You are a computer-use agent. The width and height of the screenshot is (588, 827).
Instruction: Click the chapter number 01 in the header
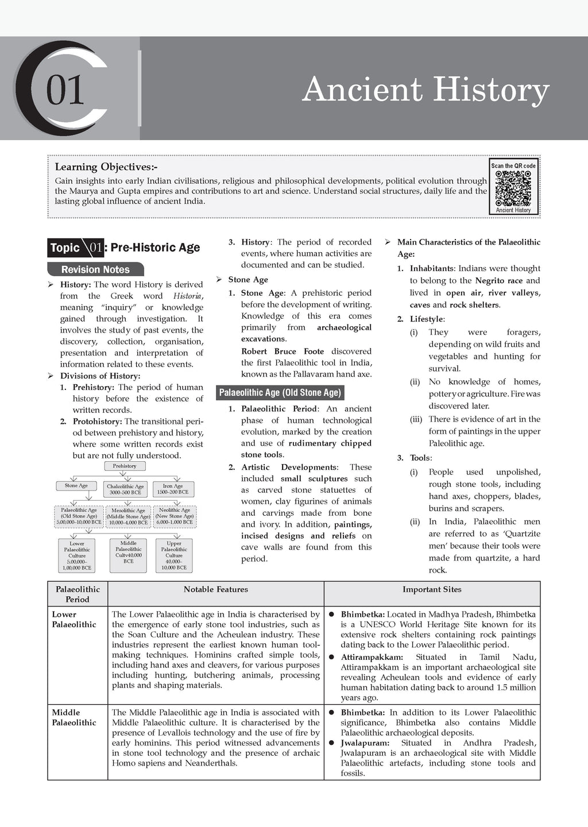pyautogui.click(x=65, y=90)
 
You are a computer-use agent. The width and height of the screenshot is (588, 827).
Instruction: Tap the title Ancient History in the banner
pyautogui.click(x=425, y=90)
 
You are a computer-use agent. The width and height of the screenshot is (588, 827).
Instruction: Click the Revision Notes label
pyautogui.click(x=95, y=269)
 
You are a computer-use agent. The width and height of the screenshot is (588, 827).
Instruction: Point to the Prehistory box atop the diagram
pyautogui.click(x=125, y=466)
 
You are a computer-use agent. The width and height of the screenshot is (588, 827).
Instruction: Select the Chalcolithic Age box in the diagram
pyautogui.click(x=125, y=489)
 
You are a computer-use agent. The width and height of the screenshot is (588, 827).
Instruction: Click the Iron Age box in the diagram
pyautogui.click(x=173, y=489)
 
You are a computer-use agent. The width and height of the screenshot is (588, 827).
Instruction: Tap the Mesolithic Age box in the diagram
pyautogui.click(x=128, y=516)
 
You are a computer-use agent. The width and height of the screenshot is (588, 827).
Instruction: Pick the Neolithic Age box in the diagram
pyautogui.click(x=175, y=516)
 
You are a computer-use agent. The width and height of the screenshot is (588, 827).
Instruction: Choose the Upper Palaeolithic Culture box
pyautogui.click(x=174, y=555)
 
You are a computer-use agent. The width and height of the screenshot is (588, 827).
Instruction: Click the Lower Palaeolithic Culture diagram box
pyautogui.click(x=77, y=555)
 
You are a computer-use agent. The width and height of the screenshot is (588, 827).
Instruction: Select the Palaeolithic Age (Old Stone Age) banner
pyautogui.click(x=280, y=393)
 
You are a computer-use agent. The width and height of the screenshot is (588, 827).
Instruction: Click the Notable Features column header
pyautogui.click(x=216, y=589)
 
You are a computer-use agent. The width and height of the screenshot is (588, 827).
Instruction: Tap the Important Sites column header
pyautogui.click(x=432, y=589)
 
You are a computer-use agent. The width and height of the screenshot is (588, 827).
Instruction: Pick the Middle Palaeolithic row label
pyautogui.click(x=74, y=717)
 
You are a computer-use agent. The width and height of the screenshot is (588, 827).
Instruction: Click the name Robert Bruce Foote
pyautogui.click(x=283, y=351)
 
